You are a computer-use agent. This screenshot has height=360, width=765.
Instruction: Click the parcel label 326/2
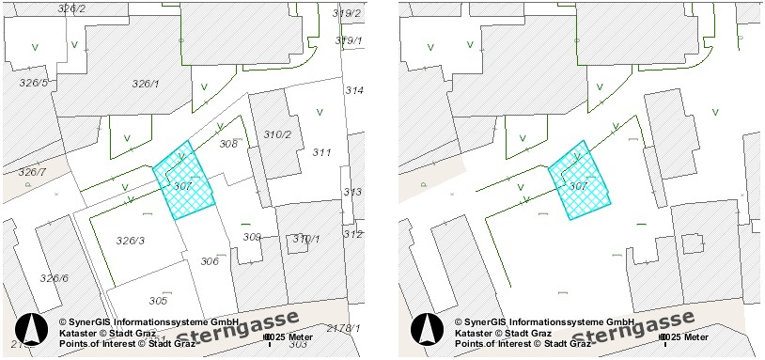coord(71,8)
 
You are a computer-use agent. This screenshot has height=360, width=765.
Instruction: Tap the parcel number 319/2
coord(347,13)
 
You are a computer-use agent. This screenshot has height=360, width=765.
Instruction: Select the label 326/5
coord(33,83)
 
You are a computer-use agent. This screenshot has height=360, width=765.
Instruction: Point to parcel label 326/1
coord(146,84)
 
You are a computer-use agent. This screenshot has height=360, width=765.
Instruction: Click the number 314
coord(354,90)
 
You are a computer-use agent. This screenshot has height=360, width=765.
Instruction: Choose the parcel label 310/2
coord(277,134)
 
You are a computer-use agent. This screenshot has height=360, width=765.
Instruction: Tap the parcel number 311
coord(322,152)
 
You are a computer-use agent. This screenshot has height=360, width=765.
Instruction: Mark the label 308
coord(228,145)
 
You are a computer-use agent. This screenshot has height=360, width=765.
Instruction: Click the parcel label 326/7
coord(31,172)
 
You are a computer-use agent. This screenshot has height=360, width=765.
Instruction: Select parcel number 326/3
coord(131,241)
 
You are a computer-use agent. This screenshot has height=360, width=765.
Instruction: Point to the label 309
coord(252,237)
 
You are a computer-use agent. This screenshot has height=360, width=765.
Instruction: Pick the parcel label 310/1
coord(306,239)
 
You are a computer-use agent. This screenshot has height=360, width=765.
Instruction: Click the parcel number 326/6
coord(54,278)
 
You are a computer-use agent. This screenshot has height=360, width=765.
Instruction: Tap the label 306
coord(210,261)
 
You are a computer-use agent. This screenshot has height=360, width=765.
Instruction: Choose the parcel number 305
coord(158,301)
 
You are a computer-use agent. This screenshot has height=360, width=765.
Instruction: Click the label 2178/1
coord(343,327)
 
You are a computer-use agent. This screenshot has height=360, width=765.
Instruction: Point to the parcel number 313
coord(352,192)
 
